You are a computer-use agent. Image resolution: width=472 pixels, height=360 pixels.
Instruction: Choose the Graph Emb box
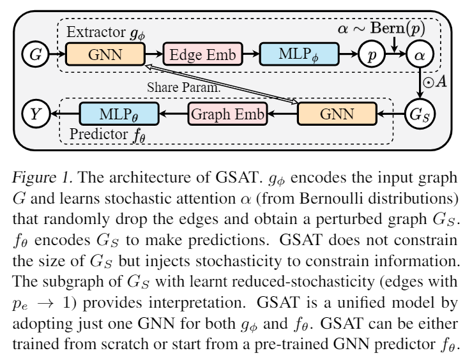(x=226, y=114)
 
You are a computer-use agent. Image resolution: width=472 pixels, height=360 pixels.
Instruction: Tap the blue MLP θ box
(x=119, y=114)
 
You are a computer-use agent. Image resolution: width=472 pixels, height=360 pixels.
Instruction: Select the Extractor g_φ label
(x=98, y=31)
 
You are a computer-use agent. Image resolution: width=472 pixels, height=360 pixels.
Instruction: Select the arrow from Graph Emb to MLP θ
(x=172, y=114)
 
